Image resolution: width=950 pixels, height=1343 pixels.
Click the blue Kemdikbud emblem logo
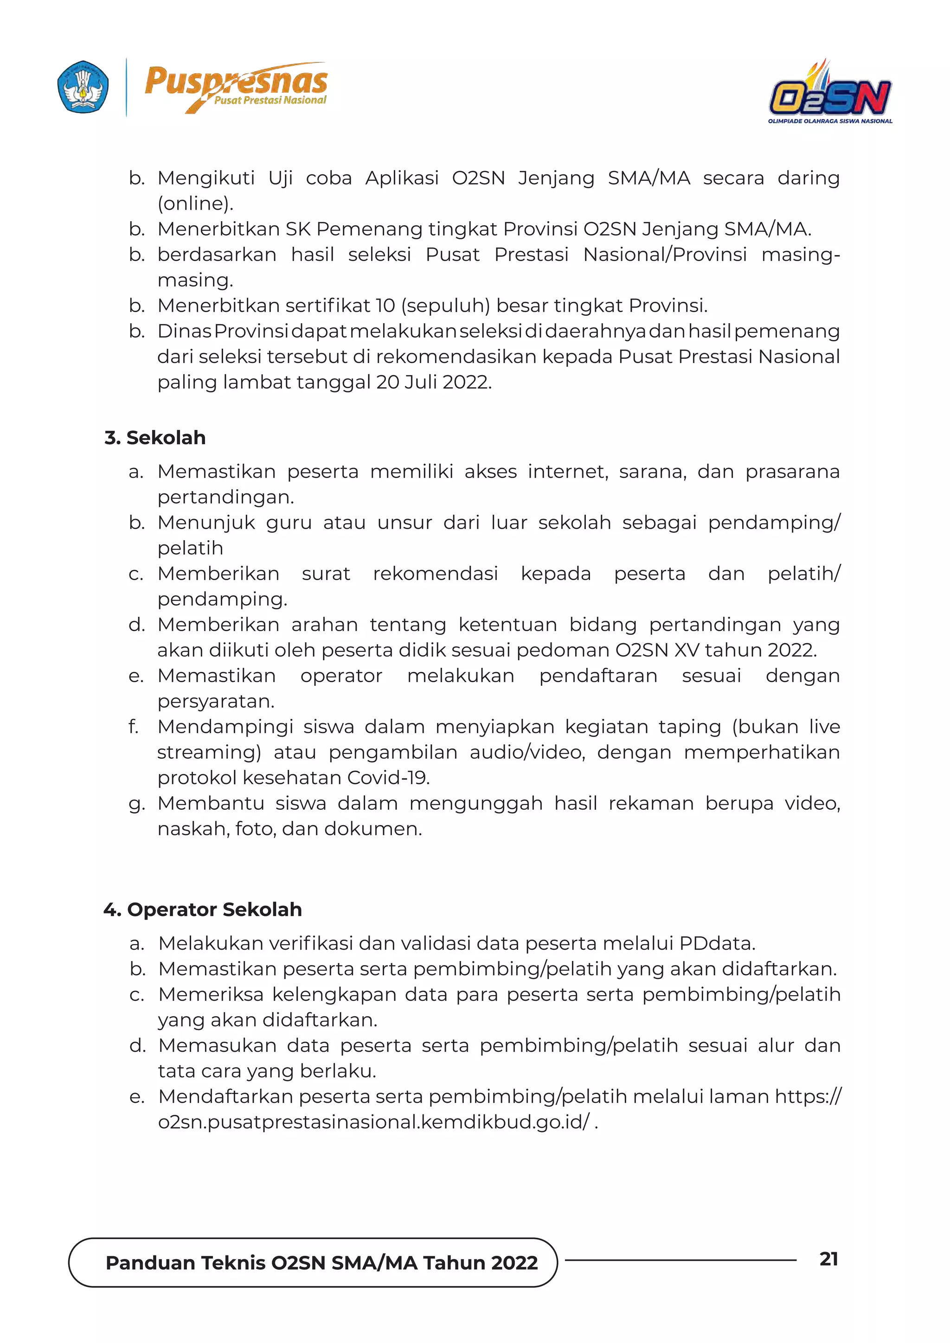tap(83, 87)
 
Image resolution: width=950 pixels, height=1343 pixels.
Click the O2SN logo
tap(830, 92)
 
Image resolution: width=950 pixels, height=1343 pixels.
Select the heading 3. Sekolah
tap(155, 437)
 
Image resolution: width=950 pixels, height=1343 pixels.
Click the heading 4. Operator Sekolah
tap(202, 909)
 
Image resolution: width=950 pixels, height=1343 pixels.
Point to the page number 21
tap(828, 1259)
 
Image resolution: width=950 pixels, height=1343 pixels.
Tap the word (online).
tap(195, 204)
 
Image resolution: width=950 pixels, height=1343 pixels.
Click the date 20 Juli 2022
tap(433, 383)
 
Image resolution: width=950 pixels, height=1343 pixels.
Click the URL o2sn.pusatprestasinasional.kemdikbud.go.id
tap(374, 1122)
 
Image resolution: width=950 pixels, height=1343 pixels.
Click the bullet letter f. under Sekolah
tap(134, 727)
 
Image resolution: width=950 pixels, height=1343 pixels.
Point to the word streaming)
tap(209, 752)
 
